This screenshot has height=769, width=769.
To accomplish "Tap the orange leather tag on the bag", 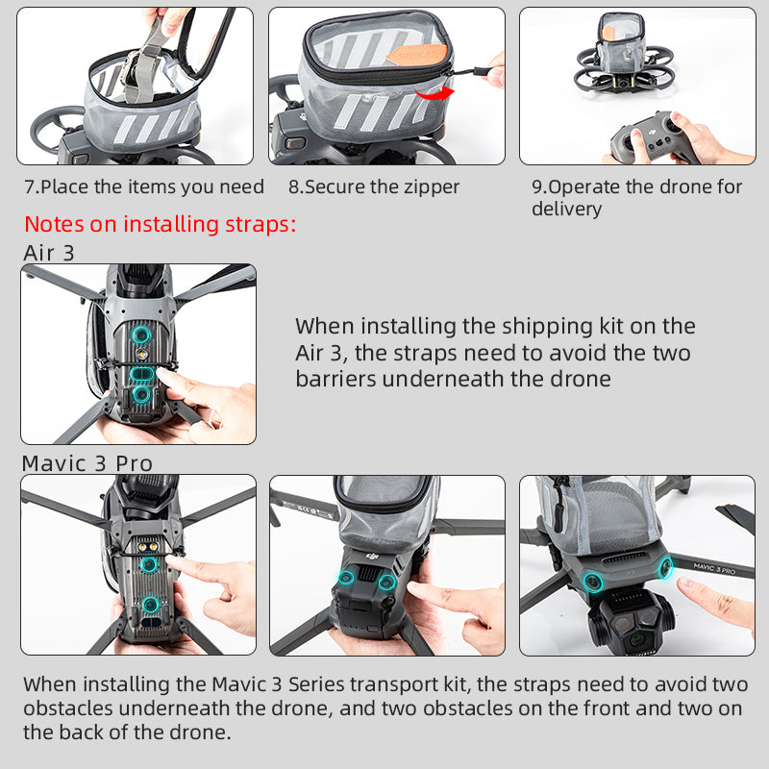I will pos(417,54).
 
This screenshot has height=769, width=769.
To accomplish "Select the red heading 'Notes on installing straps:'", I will pos(160,225).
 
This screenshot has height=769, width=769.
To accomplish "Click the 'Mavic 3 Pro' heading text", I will pos(87,463).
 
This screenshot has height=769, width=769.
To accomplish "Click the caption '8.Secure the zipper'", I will pos(374,187).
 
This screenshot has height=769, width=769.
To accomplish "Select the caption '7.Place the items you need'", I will pos(143,187).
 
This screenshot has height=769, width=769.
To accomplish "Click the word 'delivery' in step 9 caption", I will pos(566,209).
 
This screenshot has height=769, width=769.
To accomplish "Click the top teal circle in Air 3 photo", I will pos(141,335).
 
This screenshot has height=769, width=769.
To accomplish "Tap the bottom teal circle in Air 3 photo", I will pos(141,393).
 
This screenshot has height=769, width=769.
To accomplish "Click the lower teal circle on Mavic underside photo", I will pos(149,604).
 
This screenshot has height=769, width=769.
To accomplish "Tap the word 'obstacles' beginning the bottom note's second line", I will pos(67,708).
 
